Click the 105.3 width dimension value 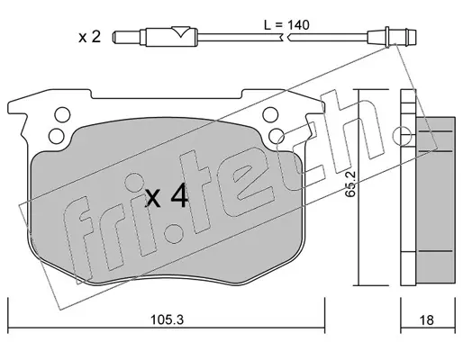coord(167,319)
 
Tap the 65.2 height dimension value coord(350,184)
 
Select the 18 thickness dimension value coord(426,320)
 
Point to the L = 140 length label coord(286,25)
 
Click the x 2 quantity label coord(89,37)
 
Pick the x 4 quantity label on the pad coord(167,196)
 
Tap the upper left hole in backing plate coord(62,114)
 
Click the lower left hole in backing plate coord(56,136)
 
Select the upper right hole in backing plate coord(270,114)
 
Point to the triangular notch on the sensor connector coord(181,31)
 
